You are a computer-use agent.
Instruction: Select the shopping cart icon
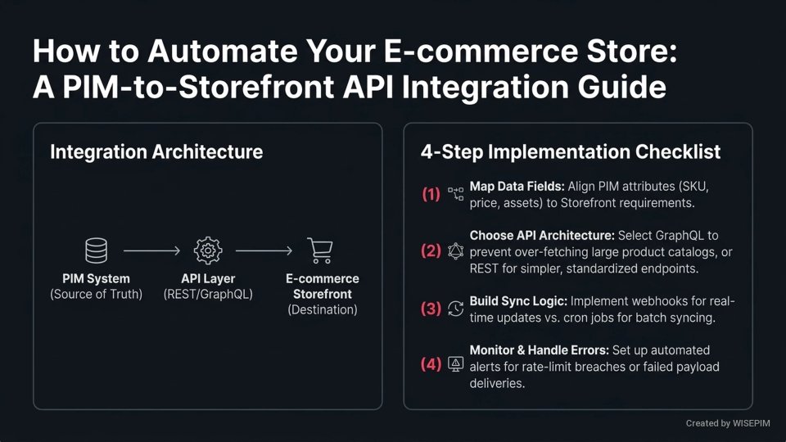319,250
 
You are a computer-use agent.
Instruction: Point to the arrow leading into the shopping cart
264,250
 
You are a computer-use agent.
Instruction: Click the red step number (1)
431,195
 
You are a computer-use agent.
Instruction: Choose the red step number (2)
431,251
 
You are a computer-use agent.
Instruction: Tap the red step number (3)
431,309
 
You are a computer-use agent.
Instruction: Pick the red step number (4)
431,364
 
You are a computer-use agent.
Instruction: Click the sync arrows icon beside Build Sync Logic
455,309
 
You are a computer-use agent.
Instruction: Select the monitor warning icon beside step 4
455,364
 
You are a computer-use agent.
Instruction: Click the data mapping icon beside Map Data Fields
455,194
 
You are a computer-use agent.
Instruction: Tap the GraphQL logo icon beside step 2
455,251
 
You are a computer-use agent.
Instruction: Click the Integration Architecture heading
156,151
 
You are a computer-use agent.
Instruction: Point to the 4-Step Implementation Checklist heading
571,151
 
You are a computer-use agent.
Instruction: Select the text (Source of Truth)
96,294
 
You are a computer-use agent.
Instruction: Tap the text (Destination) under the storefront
323,309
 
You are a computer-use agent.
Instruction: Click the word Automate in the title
219,52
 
